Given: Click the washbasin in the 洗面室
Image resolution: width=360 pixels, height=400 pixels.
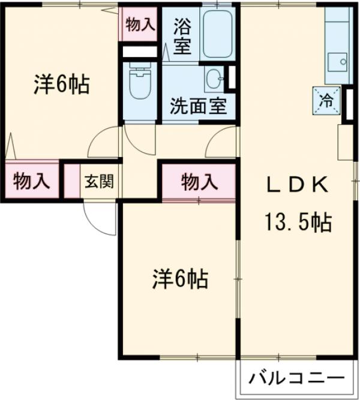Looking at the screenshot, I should pyautogui.click(x=214, y=79).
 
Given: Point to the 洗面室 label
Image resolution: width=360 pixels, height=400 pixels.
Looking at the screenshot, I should pyautogui.click(x=197, y=106).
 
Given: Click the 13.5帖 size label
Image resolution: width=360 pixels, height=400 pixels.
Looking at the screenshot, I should pyautogui.click(x=296, y=223).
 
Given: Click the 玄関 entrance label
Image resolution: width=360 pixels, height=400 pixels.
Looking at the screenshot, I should pyautogui.click(x=96, y=181).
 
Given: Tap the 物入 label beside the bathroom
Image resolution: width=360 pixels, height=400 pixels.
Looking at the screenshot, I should pyautogui.click(x=139, y=25).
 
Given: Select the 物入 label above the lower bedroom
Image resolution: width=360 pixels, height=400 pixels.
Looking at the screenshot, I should pyautogui.click(x=198, y=181).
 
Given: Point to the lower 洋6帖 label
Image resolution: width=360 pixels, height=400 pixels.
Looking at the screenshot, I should pyautogui.click(x=179, y=278).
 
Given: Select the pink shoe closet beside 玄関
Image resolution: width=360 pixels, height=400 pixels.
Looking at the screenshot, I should pyautogui.click(x=71, y=180).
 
